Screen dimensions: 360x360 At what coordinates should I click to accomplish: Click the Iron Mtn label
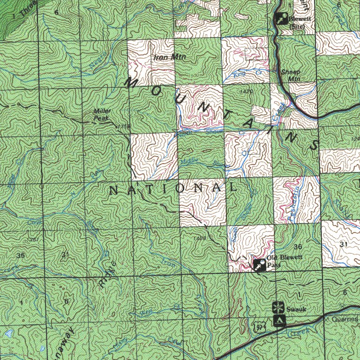pos(163,57)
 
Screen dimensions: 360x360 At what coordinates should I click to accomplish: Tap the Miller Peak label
pos(101,115)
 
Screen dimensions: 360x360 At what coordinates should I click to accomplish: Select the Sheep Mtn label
pos(291,75)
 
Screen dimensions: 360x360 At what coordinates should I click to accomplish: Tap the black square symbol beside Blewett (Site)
pos(281,19)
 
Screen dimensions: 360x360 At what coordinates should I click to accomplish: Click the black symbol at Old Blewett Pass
pos(259,266)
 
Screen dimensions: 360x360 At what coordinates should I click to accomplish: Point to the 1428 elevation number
pos(199,239)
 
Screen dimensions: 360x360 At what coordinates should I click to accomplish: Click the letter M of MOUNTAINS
pos(130,82)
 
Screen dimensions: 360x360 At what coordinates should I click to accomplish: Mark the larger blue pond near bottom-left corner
pos(8,334)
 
